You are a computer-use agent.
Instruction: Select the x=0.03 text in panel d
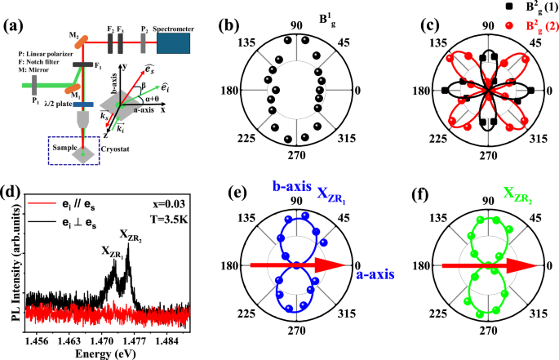[x=169, y=202]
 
